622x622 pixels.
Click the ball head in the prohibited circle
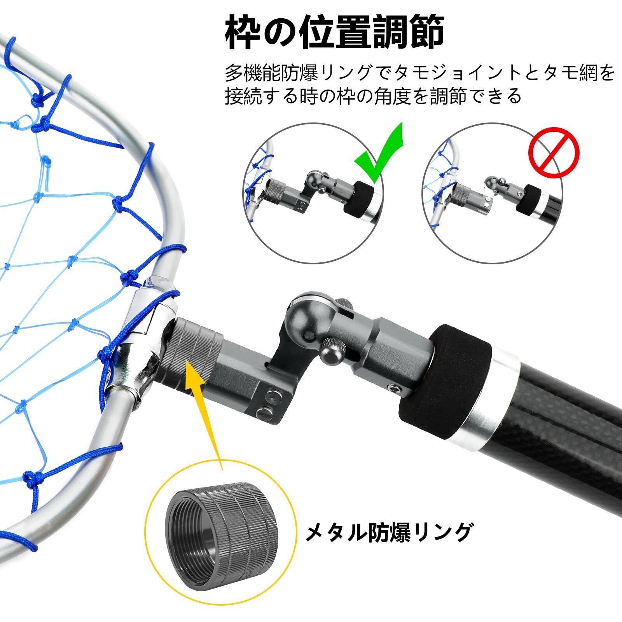tap(490, 183)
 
